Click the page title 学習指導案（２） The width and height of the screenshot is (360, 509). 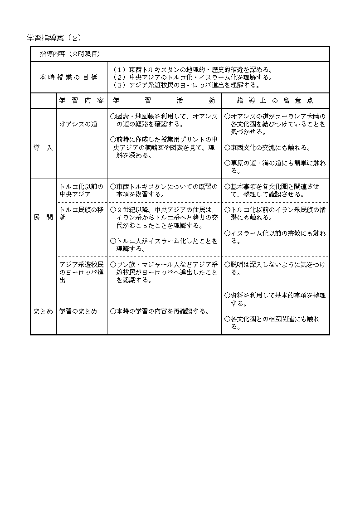54,37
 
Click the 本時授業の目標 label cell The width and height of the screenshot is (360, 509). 68,78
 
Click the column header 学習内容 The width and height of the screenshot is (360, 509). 82,101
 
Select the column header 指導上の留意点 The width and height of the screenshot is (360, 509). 275,101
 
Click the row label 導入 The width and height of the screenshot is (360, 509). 43,148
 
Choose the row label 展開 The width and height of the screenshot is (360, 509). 43,218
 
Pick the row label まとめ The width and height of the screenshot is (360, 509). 43,311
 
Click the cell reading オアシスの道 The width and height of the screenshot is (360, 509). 78,124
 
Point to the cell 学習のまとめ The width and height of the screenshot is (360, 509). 78,311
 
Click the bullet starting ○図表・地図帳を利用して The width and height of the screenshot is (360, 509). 164,120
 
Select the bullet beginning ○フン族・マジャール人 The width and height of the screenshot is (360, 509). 164,272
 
